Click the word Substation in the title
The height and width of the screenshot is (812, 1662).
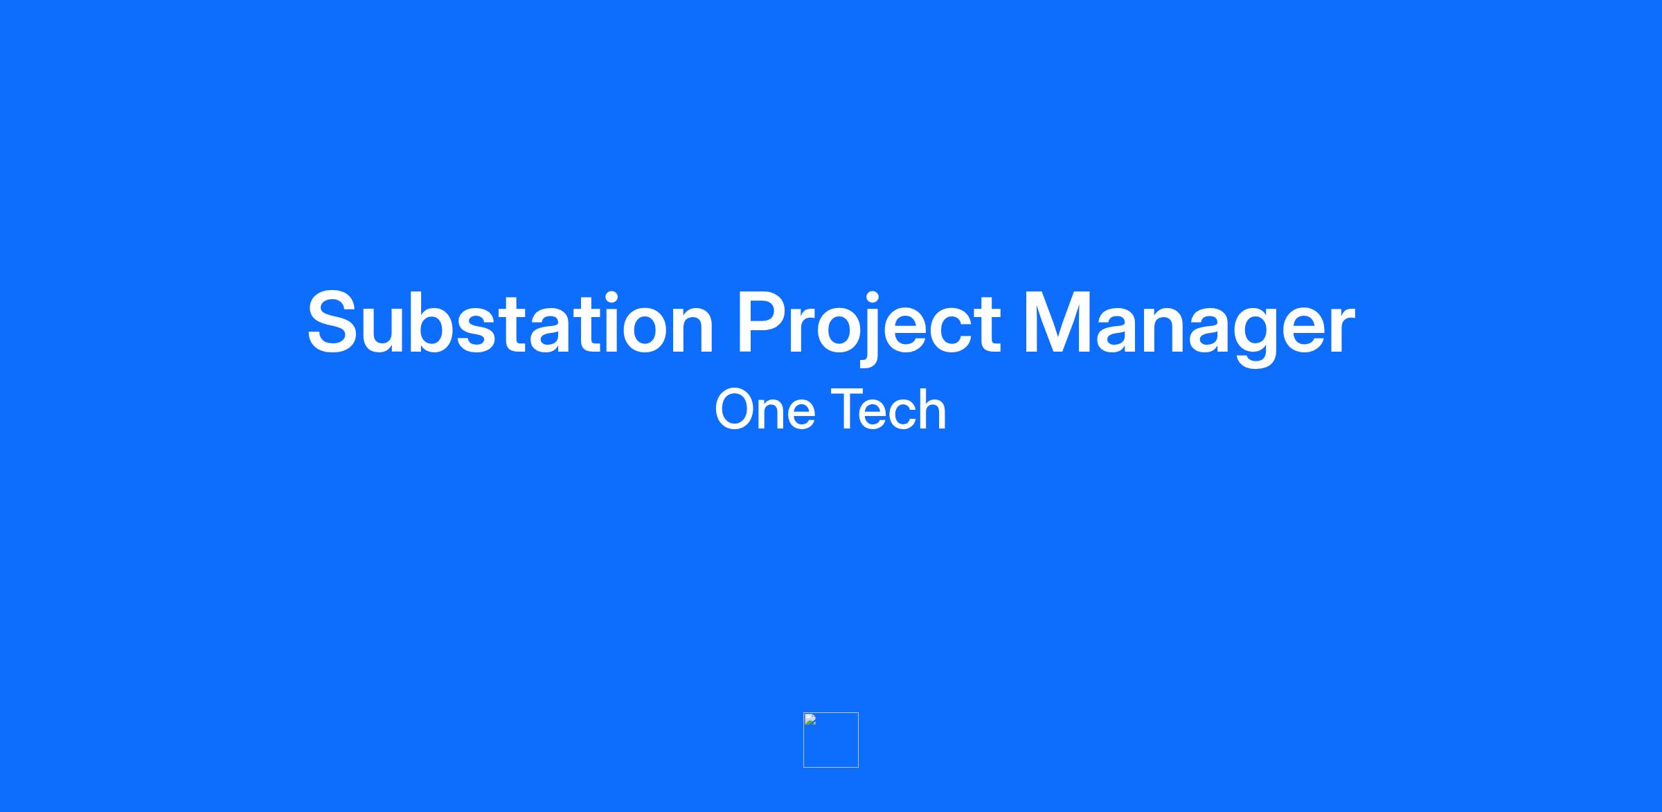tap(510, 323)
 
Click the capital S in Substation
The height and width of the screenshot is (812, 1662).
tap(337, 323)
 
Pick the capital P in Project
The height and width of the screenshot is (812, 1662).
tap(765, 323)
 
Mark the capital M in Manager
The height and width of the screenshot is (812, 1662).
tap(1057, 323)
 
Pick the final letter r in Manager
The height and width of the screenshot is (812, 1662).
tap(1339, 331)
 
